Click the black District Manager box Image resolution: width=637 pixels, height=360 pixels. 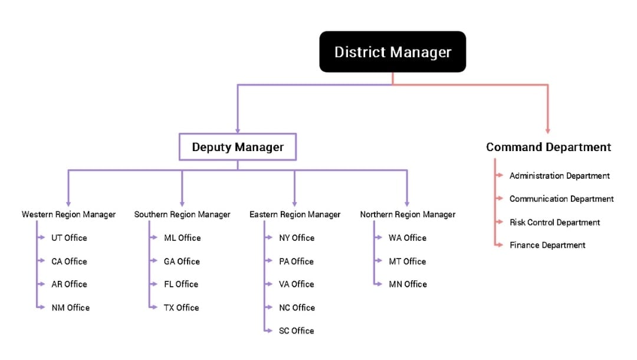tap(392, 52)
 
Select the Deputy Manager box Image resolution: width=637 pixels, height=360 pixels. tap(238, 147)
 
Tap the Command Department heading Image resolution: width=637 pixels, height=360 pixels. tap(548, 147)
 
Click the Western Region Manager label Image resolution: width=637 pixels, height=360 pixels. tap(68, 214)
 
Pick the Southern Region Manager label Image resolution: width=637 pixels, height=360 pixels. tap(182, 214)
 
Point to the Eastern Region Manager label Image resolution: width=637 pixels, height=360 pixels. tap(295, 214)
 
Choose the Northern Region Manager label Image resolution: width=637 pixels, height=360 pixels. tap(408, 214)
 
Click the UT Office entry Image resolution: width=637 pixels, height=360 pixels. tap(68, 238)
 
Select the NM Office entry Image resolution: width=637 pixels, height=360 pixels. tap(70, 307)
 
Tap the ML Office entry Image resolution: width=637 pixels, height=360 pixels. tap(182, 238)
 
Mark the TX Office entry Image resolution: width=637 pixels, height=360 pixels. tap(181, 307)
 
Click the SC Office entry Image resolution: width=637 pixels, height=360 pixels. tap(296, 330)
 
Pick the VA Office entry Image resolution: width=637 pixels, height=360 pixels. tap(296, 284)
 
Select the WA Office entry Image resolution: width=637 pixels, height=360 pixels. tap(407, 238)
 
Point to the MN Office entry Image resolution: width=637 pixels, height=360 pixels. tap(408, 284)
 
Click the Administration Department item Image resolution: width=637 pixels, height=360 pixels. tap(559, 176)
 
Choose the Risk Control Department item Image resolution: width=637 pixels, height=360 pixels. tap(554, 222)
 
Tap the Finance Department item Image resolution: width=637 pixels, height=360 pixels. tap(547, 245)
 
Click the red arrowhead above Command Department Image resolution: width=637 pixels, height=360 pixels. tap(548, 130)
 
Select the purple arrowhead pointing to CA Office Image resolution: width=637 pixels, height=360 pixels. tap(42, 261)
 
